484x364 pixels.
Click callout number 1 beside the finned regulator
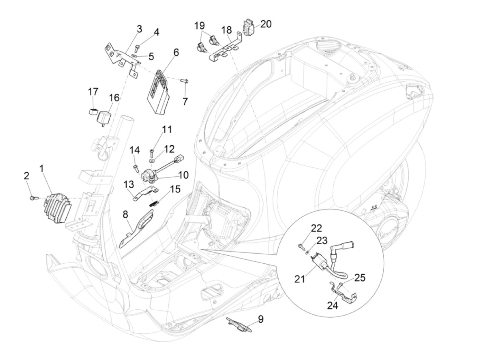[42, 169]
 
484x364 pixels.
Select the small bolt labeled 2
[32, 198]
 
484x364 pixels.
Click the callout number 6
[176, 53]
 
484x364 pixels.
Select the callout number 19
[199, 26]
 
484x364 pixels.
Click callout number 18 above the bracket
[226, 30]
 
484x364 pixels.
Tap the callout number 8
[125, 215]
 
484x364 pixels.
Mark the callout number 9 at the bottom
[260, 319]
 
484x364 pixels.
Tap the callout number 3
[139, 29]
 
